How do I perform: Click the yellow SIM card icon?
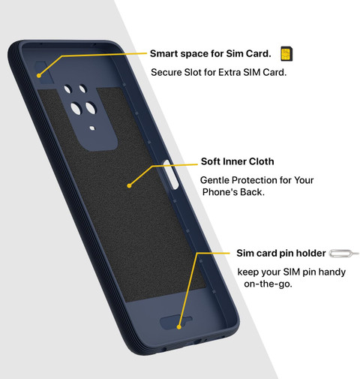[286, 54]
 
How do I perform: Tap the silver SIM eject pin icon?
[343, 254]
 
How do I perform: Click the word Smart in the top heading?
[163, 53]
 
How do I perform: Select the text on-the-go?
[268, 284]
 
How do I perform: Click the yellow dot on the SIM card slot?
[39, 75]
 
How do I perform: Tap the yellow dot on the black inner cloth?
[129, 186]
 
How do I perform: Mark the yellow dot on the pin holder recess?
[178, 327]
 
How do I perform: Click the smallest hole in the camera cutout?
[92, 128]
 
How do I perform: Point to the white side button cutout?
[171, 174]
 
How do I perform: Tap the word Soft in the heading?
[211, 161]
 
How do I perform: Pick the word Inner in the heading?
[235, 161]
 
